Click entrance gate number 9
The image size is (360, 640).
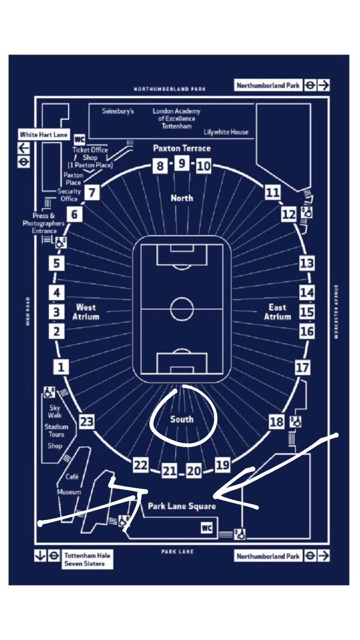(x=182, y=163)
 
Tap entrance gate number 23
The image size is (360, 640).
(x=87, y=422)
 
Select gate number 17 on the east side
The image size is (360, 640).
(x=302, y=367)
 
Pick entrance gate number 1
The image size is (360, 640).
(x=61, y=367)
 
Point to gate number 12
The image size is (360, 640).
(x=289, y=214)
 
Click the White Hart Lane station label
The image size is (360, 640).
(x=44, y=135)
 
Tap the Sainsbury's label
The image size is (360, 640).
(x=118, y=111)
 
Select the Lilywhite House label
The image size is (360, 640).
(x=226, y=132)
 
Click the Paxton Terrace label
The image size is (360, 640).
(x=182, y=148)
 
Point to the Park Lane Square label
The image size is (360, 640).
(x=182, y=506)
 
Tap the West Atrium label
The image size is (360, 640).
(x=86, y=311)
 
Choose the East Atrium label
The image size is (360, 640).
(x=277, y=311)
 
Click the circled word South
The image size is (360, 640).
(x=181, y=419)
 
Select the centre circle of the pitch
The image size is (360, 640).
(x=182, y=308)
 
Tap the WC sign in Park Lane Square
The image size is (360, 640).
(x=207, y=528)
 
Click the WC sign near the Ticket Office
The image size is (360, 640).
(x=80, y=139)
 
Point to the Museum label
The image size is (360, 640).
(x=69, y=492)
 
